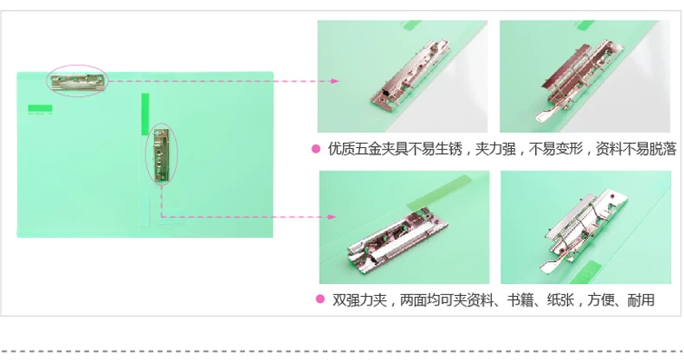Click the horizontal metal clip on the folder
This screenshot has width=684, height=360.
tap(78, 81)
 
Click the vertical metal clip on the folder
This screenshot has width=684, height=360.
tap(161, 155)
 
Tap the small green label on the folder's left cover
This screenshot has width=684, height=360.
tap(40, 108)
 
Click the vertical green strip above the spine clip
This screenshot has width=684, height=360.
tap(145, 113)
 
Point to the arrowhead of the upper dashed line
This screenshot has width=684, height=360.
tap(334, 81)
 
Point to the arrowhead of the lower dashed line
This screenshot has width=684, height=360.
tap(332, 216)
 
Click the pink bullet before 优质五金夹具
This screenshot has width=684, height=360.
tap(316, 149)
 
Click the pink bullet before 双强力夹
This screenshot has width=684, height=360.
tap(320, 299)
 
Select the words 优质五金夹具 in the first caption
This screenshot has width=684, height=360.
tap(368, 149)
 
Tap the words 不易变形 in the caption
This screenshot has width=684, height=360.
tap(556, 149)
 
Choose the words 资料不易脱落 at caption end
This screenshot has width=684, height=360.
tap(636, 149)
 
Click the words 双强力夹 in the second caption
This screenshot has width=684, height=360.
tap(359, 299)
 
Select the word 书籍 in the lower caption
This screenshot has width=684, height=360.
tap(520, 299)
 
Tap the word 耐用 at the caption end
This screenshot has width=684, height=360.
tap(641, 299)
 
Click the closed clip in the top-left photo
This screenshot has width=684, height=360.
tap(410, 74)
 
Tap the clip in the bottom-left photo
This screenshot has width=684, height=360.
tap(397, 239)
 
